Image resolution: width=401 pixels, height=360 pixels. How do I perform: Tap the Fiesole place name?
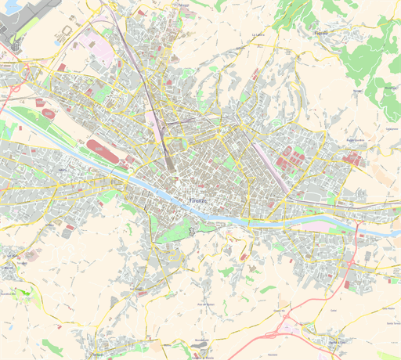point(320,34)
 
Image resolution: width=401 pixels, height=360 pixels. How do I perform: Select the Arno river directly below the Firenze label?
point(199,214)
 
